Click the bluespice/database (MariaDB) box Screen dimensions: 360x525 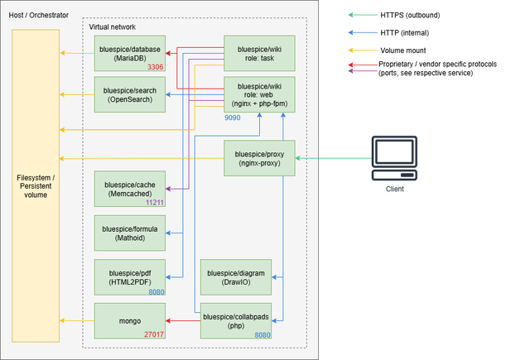coord(130,54)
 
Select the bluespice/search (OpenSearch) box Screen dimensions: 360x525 coord(130,94)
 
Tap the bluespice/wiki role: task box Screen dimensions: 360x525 coord(259,54)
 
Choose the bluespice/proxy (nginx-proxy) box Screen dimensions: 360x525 coord(259,158)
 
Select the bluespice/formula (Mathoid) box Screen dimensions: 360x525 coord(130,233)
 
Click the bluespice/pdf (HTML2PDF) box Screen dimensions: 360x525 coord(130,276)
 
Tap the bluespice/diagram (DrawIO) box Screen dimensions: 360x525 coord(236,276)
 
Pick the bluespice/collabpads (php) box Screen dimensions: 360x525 coord(236,320)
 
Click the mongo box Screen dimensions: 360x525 coord(130,320)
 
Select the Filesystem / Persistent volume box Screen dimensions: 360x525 coord(36,185)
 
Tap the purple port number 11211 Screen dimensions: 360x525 coord(154,202)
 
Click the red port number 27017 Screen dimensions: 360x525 coord(154,334)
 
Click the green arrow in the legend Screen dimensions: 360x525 coord(362,14)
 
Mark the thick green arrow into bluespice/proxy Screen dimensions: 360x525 coord(331,158)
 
